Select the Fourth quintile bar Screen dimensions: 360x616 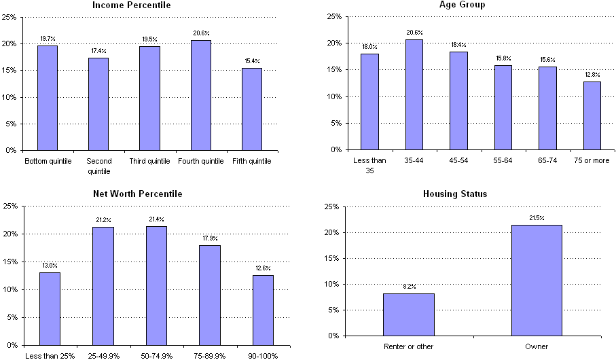pyautogui.click(x=201, y=95)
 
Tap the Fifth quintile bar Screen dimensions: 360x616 pyautogui.click(x=252, y=109)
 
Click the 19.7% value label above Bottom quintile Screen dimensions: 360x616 pyautogui.click(x=48, y=39)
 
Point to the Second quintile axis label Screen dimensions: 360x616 pyautogui.click(x=98, y=166)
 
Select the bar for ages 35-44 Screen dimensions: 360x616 pyautogui.click(x=414, y=94)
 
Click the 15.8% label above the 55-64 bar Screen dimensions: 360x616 pyautogui.click(x=503, y=59)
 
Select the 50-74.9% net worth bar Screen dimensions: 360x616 pyautogui.click(x=156, y=285)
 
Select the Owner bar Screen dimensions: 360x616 pyautogui.click(x=537, y=280)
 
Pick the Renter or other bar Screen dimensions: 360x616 pyautogui.click(x=408, y=314)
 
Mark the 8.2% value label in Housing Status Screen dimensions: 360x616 pyautogui.click(x=408, y=287)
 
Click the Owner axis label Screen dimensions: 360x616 pyautogui.click(x=537, y=346)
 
